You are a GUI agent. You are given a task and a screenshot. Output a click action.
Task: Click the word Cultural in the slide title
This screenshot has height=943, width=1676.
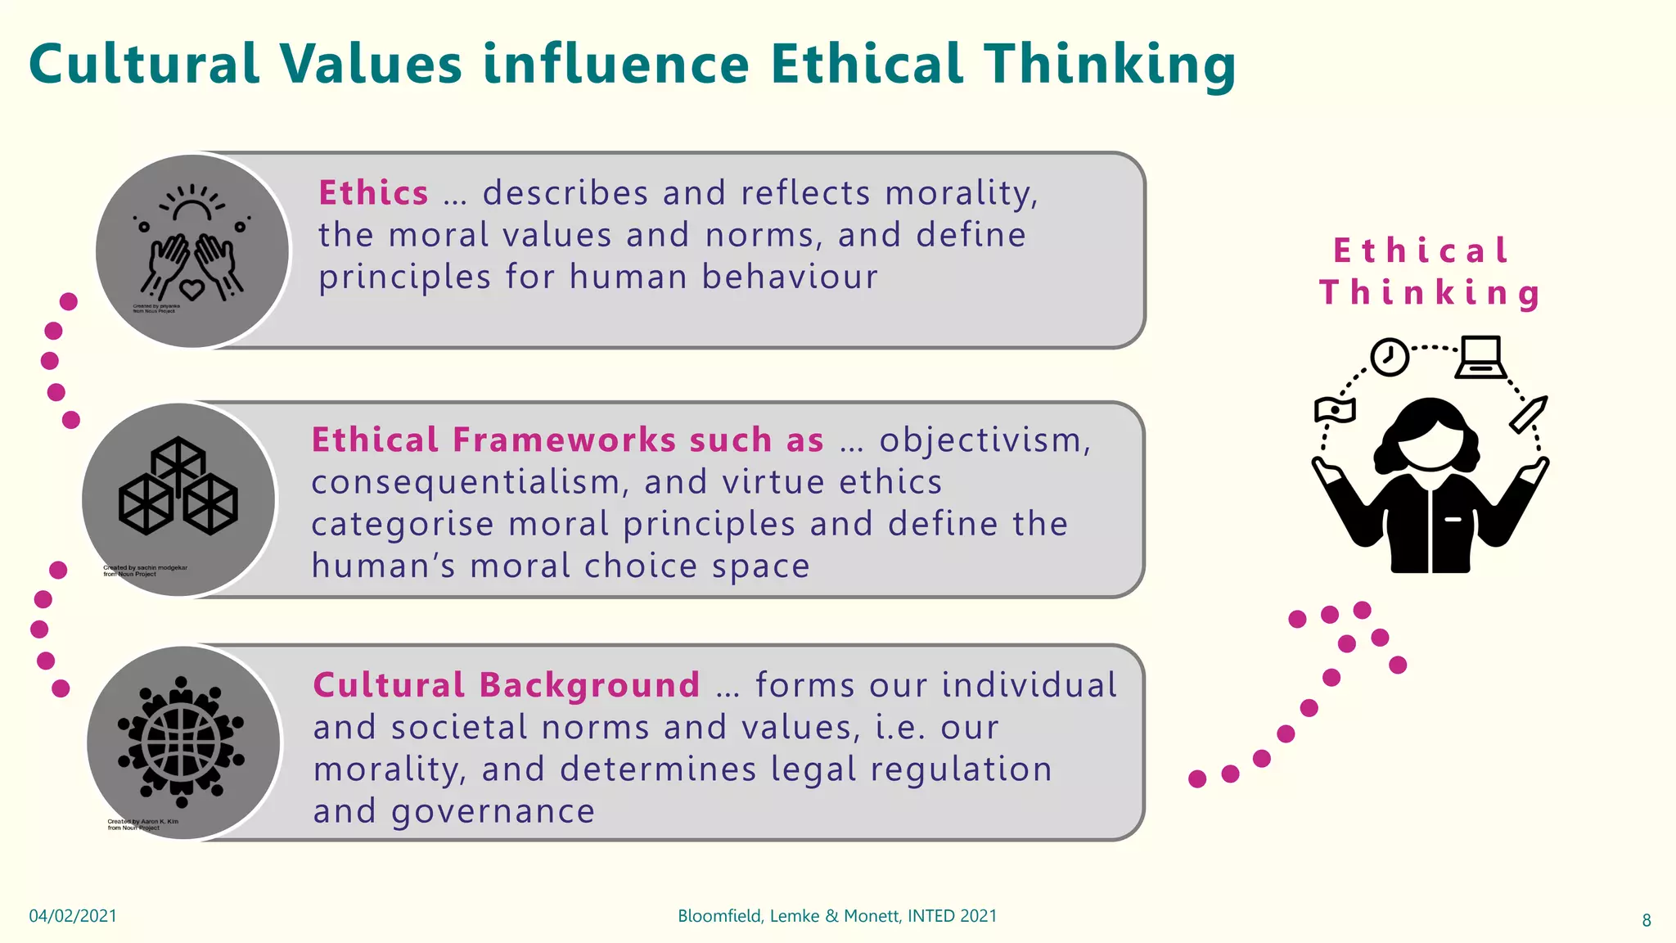[144, 64]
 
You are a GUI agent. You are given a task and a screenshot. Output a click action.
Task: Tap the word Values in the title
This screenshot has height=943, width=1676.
[370, 64]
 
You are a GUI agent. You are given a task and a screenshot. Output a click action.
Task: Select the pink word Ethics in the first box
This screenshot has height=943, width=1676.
[373, 193]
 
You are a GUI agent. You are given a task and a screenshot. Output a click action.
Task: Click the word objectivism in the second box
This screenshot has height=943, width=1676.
[984, 440]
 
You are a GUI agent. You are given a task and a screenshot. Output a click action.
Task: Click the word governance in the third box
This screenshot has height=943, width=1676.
[493, 811]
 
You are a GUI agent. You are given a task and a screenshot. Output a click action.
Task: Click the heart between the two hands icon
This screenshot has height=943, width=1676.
[192, 288]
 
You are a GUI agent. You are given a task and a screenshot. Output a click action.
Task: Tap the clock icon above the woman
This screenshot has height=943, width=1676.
[1389, 357]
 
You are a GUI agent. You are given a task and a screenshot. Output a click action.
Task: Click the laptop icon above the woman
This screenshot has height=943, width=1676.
[1480, 358]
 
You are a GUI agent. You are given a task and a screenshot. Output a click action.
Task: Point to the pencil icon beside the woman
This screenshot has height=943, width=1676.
[1528, 414]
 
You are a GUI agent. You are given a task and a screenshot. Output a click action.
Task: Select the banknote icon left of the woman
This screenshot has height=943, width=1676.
[1334, 409]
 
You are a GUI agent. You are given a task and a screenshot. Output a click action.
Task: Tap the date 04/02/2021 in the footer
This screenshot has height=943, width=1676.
[73, 916]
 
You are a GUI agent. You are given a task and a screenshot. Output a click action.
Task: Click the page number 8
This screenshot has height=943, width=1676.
[1647, 921]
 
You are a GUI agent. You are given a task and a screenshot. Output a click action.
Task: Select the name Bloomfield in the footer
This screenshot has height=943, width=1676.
[719, 916]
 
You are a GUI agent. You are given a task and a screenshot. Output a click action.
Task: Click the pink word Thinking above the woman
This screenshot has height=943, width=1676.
[1430, 293]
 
